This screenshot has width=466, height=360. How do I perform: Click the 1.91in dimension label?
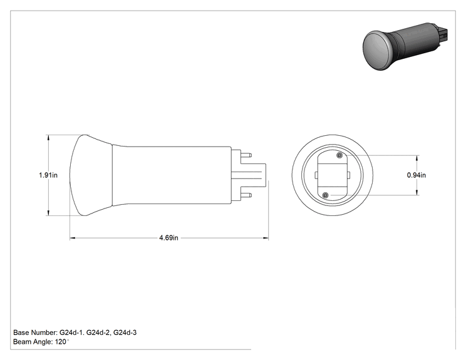[x=48, y=175]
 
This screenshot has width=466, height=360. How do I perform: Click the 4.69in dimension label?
[x=169, y=238]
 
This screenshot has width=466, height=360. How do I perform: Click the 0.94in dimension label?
[x=417, y=175]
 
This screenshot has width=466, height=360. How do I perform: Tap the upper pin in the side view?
[x=246, y=155]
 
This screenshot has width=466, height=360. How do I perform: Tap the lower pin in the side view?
[x=246, y=195]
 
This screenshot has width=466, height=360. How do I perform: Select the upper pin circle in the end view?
[x=339, y=155]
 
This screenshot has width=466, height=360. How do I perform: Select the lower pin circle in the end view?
[x=326, y=195]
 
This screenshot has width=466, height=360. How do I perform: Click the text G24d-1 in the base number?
[x=71, y=332]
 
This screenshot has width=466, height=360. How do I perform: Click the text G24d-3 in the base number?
[x=125, y=332]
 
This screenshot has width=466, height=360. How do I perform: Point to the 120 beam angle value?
[x=61, y=342]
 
